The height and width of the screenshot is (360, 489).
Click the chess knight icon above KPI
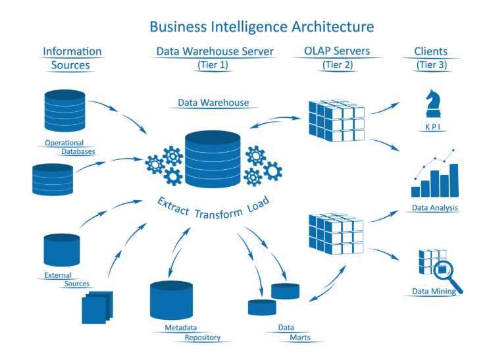point(433,103)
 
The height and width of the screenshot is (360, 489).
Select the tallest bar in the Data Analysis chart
point(453,180)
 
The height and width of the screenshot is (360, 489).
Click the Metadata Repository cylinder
point(171,300)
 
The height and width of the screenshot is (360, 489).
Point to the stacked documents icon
point(97,307)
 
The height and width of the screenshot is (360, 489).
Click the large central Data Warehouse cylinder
point(213,159)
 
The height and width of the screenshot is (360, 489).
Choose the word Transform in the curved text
point(219,214)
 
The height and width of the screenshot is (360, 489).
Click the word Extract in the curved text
point(173,206)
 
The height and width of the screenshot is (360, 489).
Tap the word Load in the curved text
point(258,204)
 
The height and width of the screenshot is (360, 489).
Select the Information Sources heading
point(72,58)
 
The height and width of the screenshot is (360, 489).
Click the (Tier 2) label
point(338,64)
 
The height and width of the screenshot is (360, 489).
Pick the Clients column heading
point(430,51)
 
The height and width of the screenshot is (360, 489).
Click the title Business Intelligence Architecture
point(262,26)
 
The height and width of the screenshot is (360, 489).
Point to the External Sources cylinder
point(62,250)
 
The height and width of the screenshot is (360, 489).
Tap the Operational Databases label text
point(70,147)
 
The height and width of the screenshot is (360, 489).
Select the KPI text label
point(433,126)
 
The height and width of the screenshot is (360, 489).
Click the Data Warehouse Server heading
point(215,51)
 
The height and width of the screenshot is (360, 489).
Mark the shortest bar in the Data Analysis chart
point(415,192)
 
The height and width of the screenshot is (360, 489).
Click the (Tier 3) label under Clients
point(432,64)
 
